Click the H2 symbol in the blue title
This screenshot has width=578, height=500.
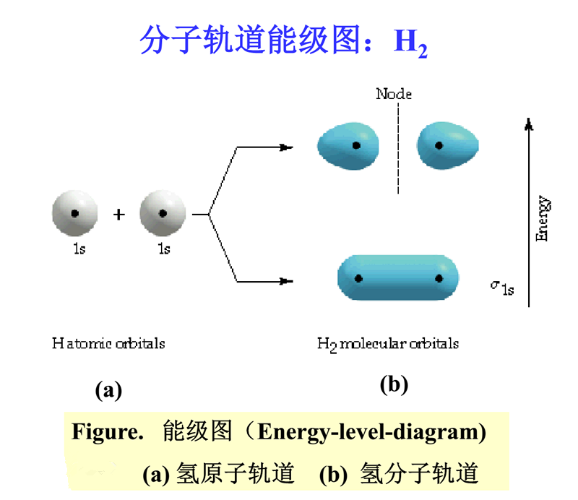(x=410, y=43)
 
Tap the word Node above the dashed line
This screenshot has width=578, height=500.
(x=394, y=94)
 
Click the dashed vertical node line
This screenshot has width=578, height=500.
(x=398, y=148)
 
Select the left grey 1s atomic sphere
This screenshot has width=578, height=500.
(x=75, y=213)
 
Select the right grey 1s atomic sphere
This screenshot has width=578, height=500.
(x=163, y=213)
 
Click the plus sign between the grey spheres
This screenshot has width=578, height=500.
(x=118, y=214)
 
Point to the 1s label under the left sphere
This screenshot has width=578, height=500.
(x=79, y=249)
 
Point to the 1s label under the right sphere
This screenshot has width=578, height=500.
(x=164, y=249)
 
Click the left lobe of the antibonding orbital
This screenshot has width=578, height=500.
(x=348, y=146)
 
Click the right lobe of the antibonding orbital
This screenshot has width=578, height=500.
(x=447, y=146)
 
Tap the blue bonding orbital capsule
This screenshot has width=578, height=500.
(x=398, y=277)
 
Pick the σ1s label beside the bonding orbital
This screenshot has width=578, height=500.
(x=502, y=288)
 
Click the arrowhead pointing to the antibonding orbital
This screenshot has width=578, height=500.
(x=286, y=147)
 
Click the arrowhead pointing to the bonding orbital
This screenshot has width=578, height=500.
(x=286, y=281)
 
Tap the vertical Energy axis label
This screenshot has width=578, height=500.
(x=543, y=218)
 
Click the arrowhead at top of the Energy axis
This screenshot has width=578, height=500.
(x=529, y=124)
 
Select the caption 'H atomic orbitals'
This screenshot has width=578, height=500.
(x=108, y=343)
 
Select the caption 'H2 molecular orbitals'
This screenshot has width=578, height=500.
(x=388, y=345)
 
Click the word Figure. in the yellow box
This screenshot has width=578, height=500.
(x=107, y=431)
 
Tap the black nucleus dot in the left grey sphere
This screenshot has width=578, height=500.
(x=75, y=213)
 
